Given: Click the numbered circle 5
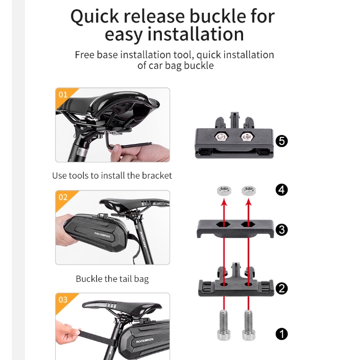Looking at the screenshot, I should point(281,141).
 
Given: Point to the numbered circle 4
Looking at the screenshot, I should point(281,190).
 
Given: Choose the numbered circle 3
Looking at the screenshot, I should point(281,230).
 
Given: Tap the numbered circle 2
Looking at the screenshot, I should point(281,289).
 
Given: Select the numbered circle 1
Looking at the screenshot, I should point(281,334).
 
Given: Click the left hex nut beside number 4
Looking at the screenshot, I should point(223,191).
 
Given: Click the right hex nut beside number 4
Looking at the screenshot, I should point(249,191).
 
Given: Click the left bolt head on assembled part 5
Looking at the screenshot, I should point(223,137).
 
